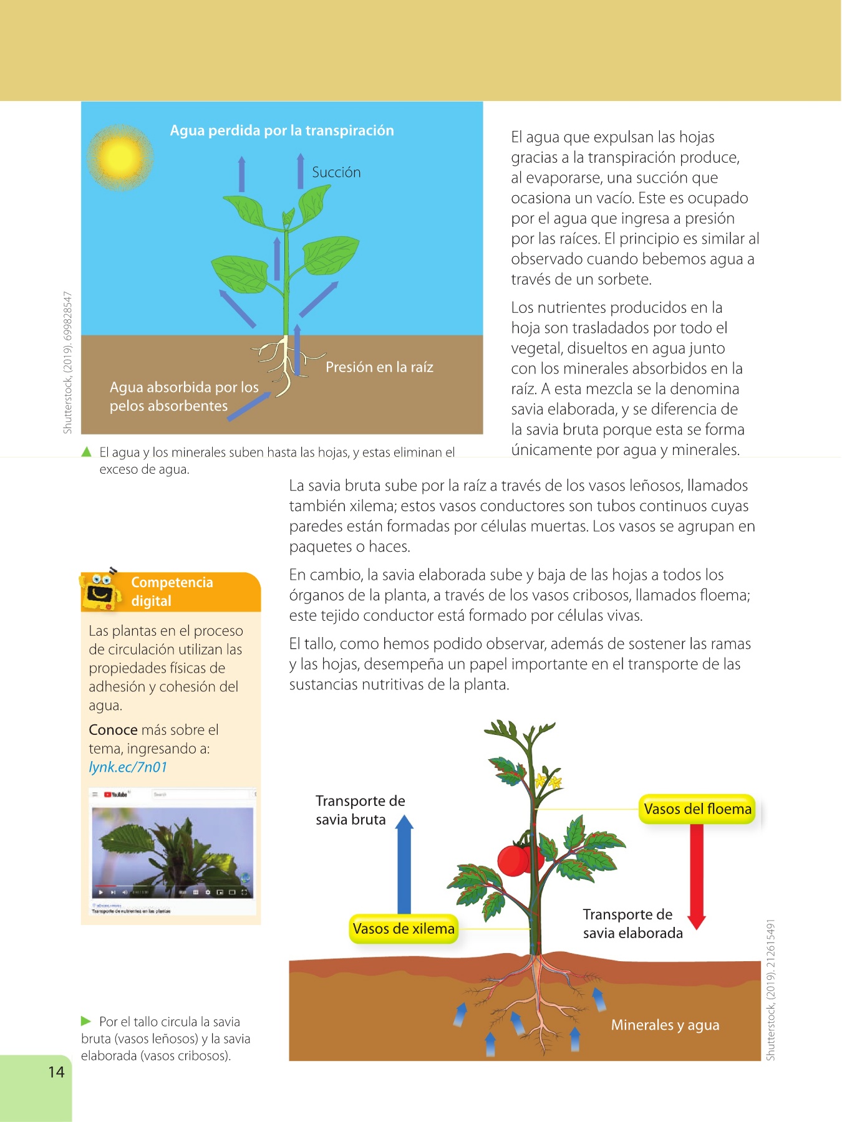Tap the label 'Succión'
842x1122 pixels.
pos(336,173)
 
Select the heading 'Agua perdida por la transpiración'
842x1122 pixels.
pos(282,131)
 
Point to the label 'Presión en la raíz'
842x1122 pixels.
pos(379,367)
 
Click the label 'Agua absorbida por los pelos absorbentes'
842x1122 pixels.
pos(183,396)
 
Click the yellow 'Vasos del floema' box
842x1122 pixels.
pos(697,809)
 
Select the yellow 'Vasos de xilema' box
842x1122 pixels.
pos(404,929)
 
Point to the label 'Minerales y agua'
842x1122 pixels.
pos(665,1025)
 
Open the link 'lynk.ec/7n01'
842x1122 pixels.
pos(128,767)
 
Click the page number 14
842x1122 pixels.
pos(56,1072)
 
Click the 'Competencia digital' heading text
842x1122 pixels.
pos(172,592)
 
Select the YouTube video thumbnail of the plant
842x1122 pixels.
pos(173,851)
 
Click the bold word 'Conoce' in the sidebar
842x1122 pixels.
pos(113,730)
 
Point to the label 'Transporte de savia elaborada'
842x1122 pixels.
pos(632,924)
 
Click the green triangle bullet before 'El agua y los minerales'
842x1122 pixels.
pos(87,452)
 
